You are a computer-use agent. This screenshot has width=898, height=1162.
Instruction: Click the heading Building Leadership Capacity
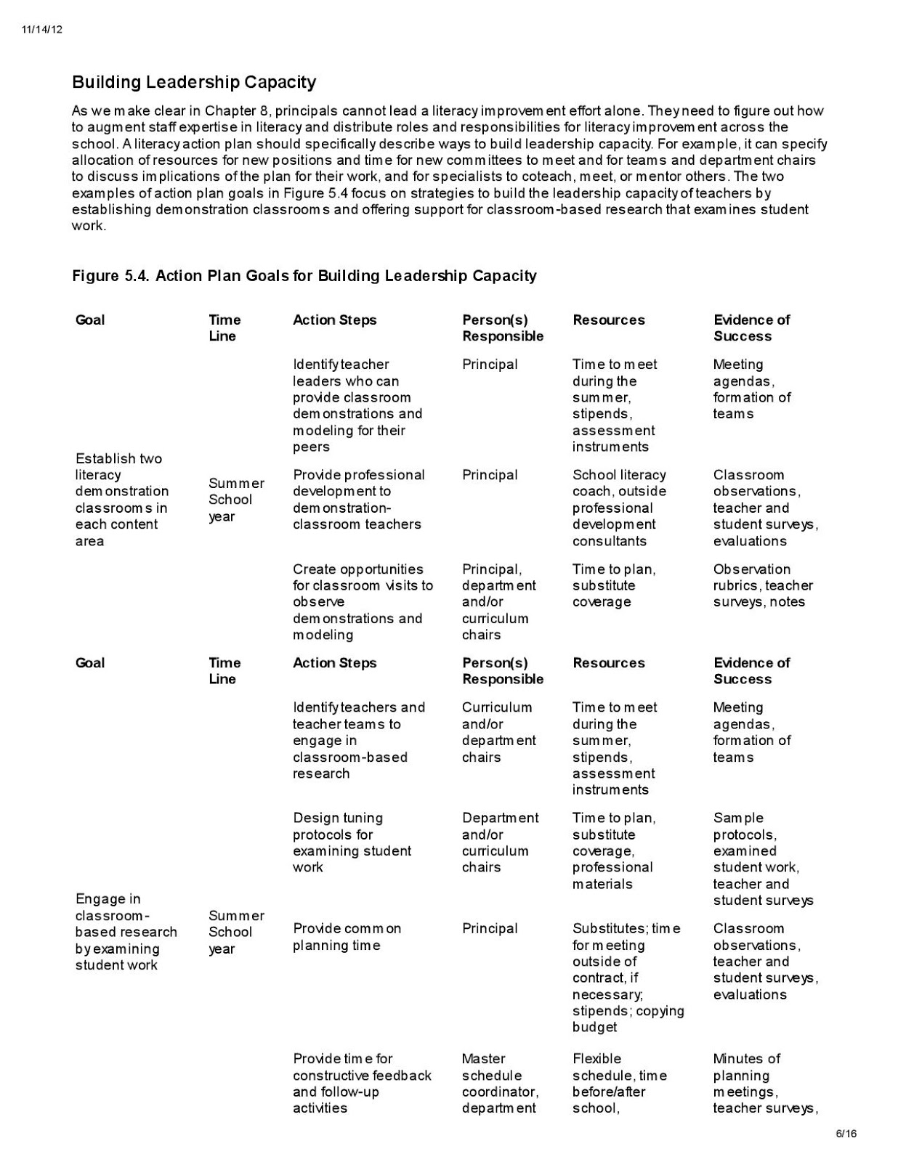[x=193, y=82]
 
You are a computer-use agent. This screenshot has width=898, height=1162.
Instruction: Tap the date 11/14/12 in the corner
[x=42, y=29]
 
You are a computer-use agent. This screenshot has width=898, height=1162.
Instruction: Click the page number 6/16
[x=846, y=1133]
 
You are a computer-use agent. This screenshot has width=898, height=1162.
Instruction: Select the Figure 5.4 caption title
[x=304, y=276]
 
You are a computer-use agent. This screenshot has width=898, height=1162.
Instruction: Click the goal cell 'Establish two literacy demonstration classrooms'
[x=121, y=500]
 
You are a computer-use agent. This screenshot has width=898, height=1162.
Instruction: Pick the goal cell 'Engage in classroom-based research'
[x=126, y=932]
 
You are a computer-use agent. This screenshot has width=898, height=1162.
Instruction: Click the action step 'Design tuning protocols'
[x=352, y=842]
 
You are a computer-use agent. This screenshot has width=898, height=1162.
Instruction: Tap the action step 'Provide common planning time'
[x=347, y=937]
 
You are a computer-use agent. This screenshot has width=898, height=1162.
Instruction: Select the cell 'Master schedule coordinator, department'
[x=500, y=1083]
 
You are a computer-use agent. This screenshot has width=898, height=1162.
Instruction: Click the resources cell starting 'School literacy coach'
[x=619, y=508]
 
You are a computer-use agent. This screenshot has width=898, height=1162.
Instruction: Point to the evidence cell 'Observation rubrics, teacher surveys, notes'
[x=762, y=585]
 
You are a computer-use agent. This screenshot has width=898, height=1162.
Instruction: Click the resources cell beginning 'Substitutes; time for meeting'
[x=628, y=978]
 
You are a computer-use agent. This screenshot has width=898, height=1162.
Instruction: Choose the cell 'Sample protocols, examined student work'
[x=762, y=858]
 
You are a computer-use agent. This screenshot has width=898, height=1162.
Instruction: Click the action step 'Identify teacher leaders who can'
[x=357, y=405]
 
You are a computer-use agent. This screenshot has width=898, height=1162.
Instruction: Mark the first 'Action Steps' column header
[x=334, y=320]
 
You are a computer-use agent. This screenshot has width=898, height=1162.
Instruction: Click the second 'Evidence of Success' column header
[x=751, y=670]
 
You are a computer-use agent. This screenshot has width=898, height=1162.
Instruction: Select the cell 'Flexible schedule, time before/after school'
[x=619, y=1083]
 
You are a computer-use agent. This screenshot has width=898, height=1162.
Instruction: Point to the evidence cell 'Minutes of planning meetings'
[x=762, y=1083]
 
